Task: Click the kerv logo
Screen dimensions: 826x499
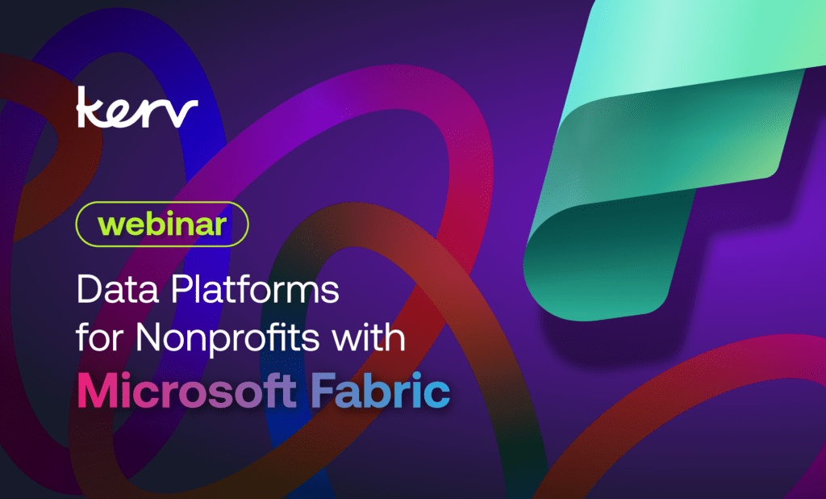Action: point(137,107)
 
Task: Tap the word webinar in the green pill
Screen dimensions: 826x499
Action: point(162,224)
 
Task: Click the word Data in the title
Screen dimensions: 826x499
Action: point(118,289)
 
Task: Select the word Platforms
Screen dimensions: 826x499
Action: point(255,289)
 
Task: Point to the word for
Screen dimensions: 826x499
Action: point(100,337)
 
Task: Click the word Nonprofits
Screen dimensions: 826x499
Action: point(227,338)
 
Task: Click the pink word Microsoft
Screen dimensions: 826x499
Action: point(187,391)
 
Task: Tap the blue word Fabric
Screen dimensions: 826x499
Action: point(381,391)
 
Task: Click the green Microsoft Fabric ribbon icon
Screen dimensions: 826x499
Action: point(669,158)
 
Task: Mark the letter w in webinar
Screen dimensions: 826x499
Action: point(111,226)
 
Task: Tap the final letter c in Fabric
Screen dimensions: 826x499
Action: point(437,396)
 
